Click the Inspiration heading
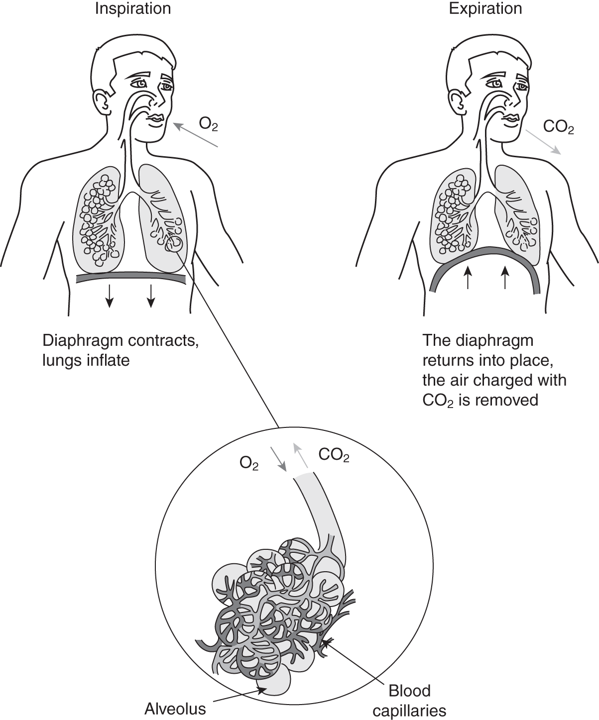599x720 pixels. tap(133, 8)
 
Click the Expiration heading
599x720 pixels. tap(485, 8)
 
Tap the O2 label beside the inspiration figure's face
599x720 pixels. tap(208, 124)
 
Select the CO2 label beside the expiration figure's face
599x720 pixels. tap(558, 127)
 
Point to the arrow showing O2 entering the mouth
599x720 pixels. tap(196, 135)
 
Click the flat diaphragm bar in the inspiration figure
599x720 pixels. tap(131, 278)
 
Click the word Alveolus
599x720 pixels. tap(175, 708)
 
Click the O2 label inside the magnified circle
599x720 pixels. tap(249, 464)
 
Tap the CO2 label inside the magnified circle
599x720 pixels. tap(334, 456)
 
